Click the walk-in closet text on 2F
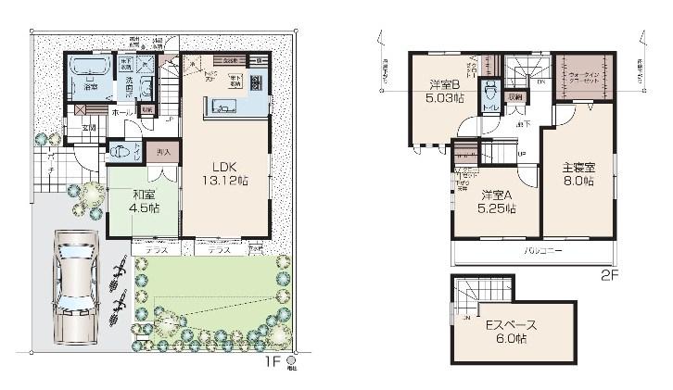(x=584, y=78)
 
